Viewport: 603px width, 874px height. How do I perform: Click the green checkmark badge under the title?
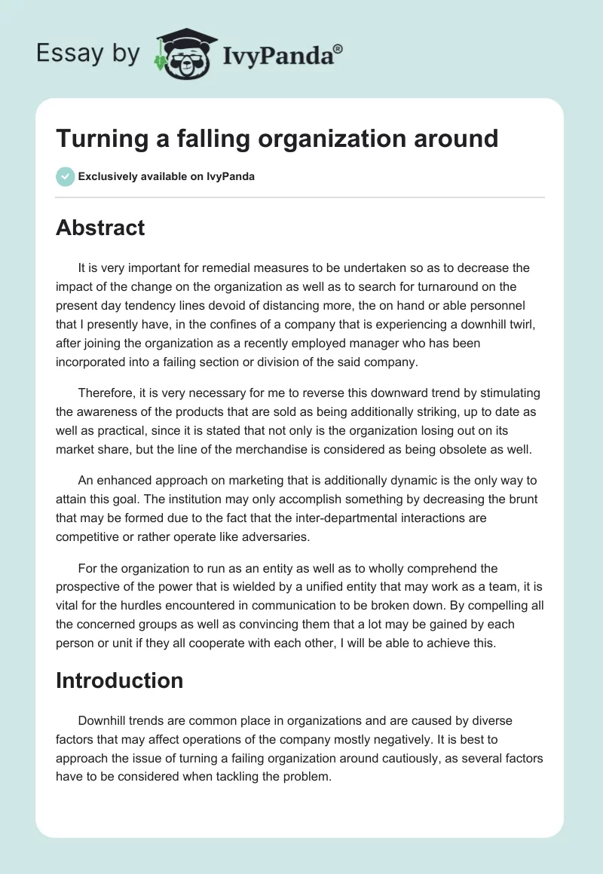coord(65,176)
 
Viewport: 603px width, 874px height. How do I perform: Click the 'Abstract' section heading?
coord(100,228)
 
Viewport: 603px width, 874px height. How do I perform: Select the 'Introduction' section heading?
coord(119,680)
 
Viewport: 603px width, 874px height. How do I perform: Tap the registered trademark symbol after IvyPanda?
coord(338,48)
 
